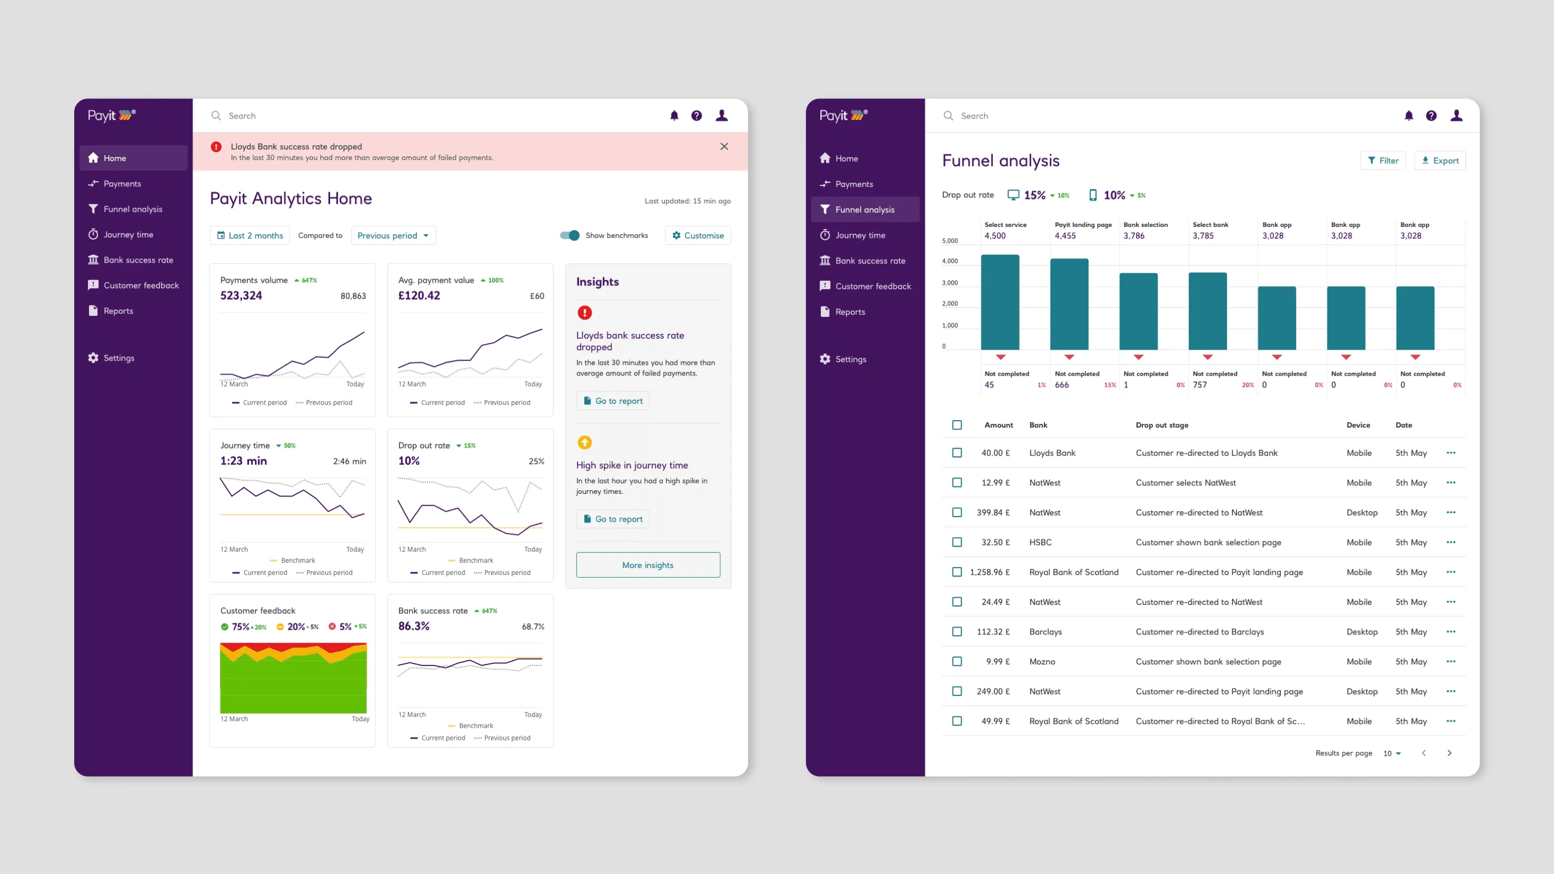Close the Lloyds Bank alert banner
(724, 146)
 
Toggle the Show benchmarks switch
(570, 235)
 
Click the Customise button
(698, 235)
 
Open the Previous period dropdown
(393, 235)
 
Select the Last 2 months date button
(250, 235)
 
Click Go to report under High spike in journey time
(613, 519)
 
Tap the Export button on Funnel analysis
(1440, 161)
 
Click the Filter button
(1383, 161)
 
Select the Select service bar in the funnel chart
(1000, 302)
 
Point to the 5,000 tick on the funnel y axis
(950, 241)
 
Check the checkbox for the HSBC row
(957, 542)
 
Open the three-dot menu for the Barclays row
(1451, 631)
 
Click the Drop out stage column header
(1162, 425)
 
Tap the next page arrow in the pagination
(1449, 753)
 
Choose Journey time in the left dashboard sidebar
(128, 235)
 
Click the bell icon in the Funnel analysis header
(1409, 116)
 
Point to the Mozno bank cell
(1042, 662)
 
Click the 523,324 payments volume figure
(241, 295)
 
